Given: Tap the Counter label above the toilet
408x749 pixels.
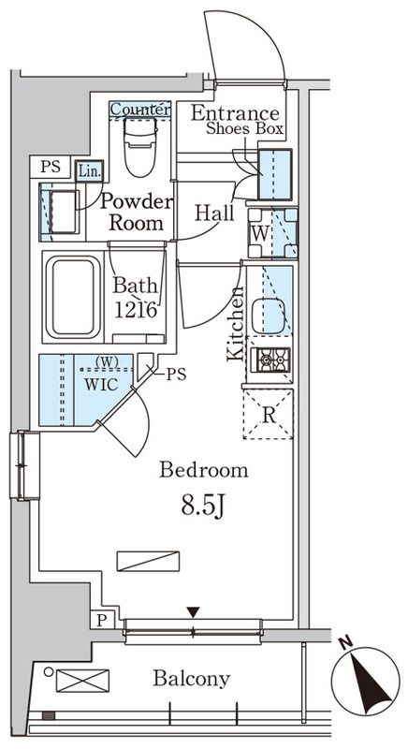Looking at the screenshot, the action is click(x=139, y=110).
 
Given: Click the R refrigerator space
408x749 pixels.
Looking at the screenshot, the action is click(x=269, y=415).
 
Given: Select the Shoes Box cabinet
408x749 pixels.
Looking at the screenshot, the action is click(x=275, y=174).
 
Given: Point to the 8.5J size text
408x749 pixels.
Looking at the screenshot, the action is click(x=202, y=506).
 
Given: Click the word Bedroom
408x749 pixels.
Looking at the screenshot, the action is click(x=204, y=470).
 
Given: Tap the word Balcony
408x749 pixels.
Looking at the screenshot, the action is click(x=191, y=678).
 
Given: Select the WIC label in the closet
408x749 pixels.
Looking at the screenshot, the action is click(x=101, y=385).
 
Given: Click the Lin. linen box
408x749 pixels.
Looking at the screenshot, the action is click(x=89, y=171).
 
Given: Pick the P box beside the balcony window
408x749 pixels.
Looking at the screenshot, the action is click(x=102, y=621).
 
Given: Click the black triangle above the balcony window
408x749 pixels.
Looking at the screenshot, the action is click(x=193, y=612).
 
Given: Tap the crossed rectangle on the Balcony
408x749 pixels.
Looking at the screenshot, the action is click(x=82, y=681).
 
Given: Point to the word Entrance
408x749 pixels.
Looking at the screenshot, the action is click(x=235, y=113).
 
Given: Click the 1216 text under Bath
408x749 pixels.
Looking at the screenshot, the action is click(x=136, y=310).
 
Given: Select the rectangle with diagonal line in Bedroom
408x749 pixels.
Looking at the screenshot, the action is click(x=148, y=561).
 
